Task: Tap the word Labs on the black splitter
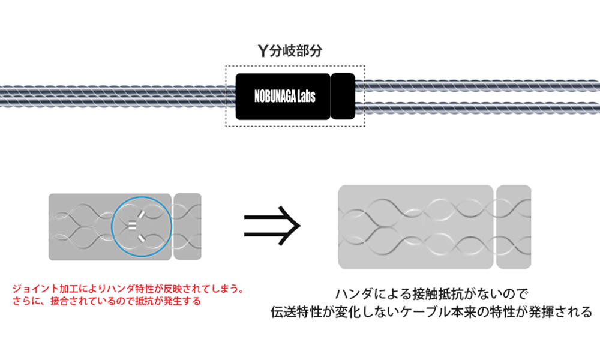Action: [305, 97]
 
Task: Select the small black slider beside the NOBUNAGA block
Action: [343, 96]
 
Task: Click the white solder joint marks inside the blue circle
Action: [133, 226]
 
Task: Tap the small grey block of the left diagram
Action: [187, 227]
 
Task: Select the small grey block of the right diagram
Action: [514, 227]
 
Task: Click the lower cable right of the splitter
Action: [480, 107]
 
